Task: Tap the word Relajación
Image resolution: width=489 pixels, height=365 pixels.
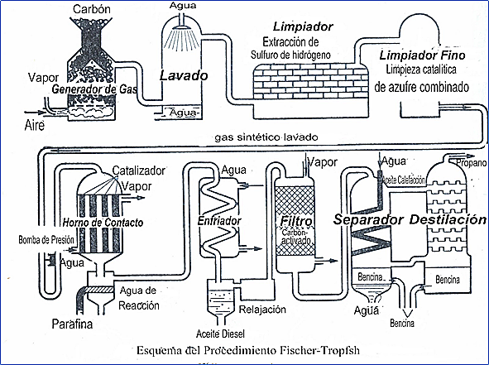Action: [x=261, y=310]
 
